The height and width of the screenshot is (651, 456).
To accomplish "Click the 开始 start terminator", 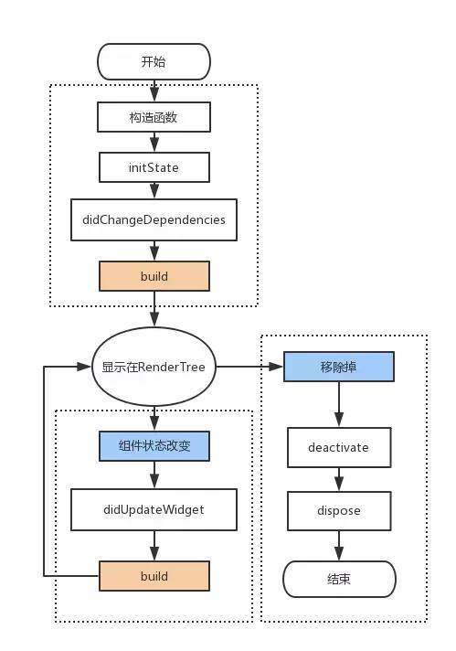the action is click(154, 61).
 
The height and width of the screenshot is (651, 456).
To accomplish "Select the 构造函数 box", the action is click(154, 118).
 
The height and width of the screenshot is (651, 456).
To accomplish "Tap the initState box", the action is click(154, 167).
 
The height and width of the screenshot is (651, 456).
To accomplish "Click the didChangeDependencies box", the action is click(154, 219).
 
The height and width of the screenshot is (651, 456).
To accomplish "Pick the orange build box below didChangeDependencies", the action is click(154, 276).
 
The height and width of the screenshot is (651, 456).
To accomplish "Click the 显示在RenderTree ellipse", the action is click(154, 367).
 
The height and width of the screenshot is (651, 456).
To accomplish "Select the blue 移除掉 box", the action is click(339, 367).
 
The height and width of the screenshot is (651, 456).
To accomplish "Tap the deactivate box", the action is click(339, 448).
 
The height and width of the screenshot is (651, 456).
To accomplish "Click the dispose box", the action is click(339, 511).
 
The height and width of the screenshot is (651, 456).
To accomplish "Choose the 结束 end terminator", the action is click(339, 579).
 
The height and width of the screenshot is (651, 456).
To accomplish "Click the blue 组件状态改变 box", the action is click(154, 446).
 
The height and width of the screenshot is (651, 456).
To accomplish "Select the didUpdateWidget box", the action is click(154, 509).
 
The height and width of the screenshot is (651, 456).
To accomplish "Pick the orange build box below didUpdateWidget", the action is click(154, 576).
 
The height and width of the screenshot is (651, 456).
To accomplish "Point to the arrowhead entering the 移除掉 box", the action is click(276, 367).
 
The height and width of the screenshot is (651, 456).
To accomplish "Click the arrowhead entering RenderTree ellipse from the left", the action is click(84, 367).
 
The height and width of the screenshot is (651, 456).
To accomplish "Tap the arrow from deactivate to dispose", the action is click(339, 479).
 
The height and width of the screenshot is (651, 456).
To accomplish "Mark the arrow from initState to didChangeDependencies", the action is click(154, 190).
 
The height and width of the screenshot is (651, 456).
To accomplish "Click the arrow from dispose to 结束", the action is click(339, 546).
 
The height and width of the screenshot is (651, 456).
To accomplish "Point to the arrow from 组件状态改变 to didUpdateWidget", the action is click(154, 475).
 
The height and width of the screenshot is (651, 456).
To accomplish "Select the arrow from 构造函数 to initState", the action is click(154, 143).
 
